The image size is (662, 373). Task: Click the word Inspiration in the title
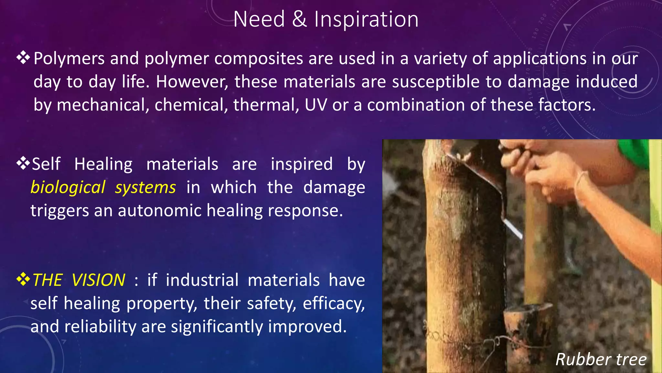pos(366,19)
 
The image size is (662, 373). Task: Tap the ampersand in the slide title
pos(299,19)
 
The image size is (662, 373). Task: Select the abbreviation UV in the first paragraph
pos(316,105)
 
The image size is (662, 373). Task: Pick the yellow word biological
pos(68,188)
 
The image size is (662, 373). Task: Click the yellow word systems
pos(145,188)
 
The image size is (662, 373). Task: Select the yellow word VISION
pos(98,280)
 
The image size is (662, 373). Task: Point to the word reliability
pos(100,327)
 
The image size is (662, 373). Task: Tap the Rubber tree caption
pos(601,359)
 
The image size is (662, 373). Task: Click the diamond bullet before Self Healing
pos(23,164)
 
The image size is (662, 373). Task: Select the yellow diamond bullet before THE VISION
pos(23,279)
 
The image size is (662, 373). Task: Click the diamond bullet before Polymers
pos(23,58)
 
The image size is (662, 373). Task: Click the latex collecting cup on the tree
pos(528,324)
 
